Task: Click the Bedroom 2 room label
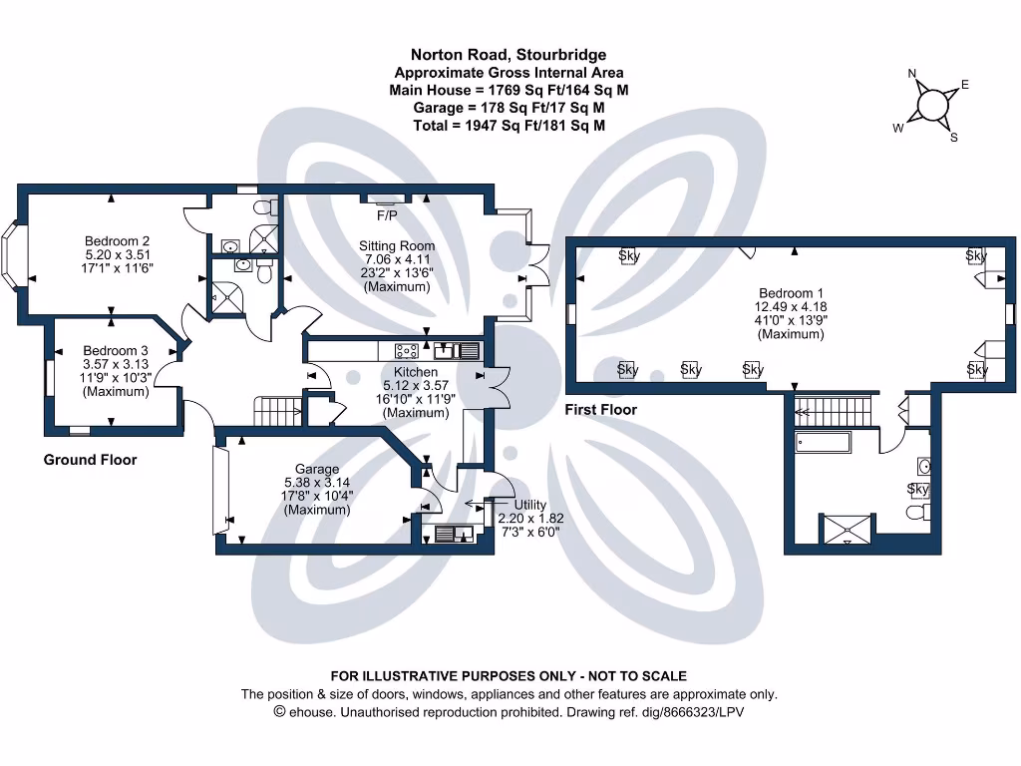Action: tap(117, 240)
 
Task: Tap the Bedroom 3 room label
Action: tap(116, 350)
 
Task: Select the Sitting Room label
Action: tap(397, 245)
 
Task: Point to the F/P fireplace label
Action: tap(386, 215)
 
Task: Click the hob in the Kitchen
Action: tap(407, 350)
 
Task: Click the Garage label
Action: tap(317, 469)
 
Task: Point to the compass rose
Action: tap(933, 105)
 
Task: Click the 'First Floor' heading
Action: tap(600, 410)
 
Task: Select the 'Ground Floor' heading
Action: tap(90, 460)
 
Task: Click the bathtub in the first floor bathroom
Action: tap(822, 442)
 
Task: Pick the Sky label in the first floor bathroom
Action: tap(917, 489)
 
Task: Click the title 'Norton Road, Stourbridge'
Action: tap(509, 55)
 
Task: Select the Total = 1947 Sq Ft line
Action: tap(509, 126)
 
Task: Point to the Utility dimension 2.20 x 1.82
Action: tap(529, 519)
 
